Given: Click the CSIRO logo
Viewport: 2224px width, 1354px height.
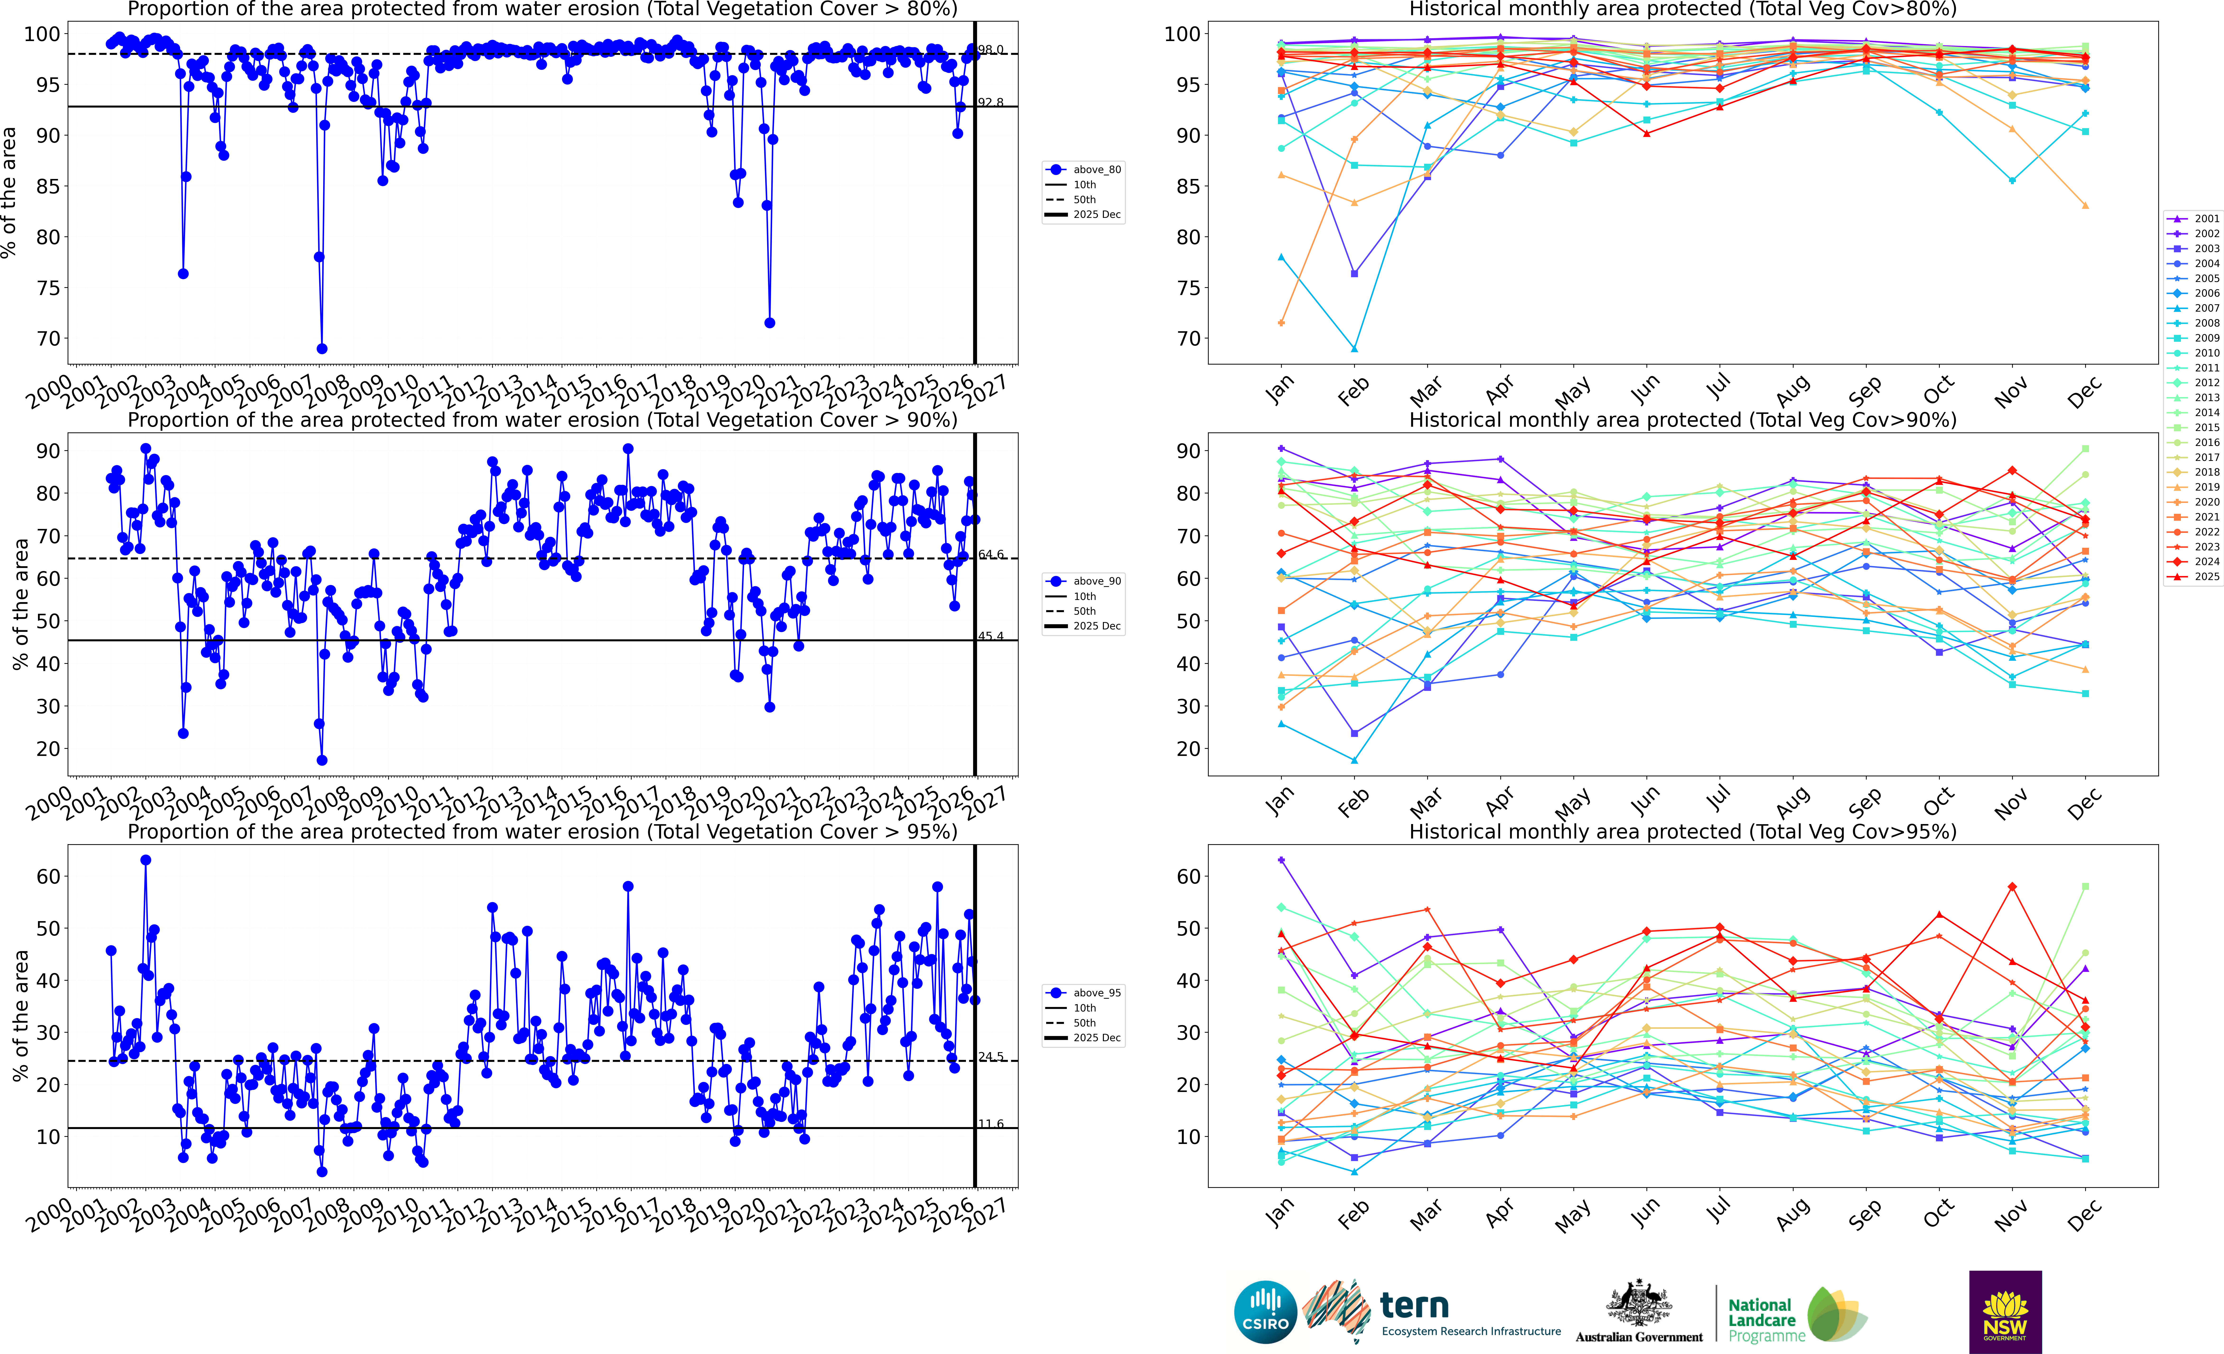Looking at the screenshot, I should click(1265, 1312).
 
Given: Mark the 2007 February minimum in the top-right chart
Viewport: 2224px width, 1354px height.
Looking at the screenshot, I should click(1354, 348).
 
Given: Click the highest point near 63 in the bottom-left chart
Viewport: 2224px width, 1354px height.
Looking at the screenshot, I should click(145, 860).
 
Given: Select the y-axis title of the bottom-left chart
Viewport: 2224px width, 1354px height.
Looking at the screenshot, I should click(20, 1016).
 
